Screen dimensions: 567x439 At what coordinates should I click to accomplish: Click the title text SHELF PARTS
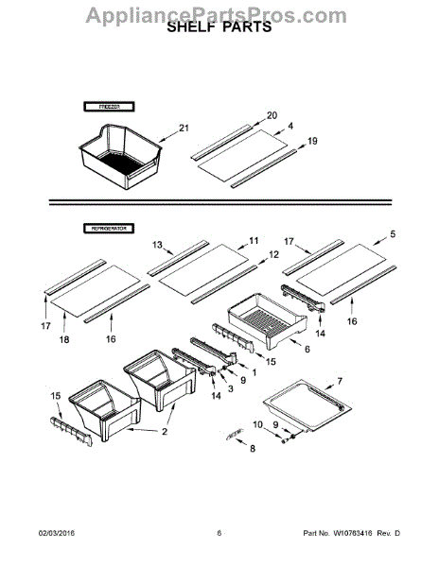click(x=219, y=27)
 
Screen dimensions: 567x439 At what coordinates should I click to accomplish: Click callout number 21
click(x=184, y=129)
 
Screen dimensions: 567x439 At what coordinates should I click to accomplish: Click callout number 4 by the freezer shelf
click(x=290, y=126)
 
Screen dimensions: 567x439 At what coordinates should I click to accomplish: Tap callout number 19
click(x=313, y=142)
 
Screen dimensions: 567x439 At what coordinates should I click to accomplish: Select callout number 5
click(x=393, y=233)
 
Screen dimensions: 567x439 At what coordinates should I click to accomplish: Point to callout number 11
click(x=254, y=240)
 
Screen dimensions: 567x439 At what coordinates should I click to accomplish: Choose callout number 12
click(x=273, y=254)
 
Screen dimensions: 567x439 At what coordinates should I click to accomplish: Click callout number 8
click(x=252, y=450)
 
